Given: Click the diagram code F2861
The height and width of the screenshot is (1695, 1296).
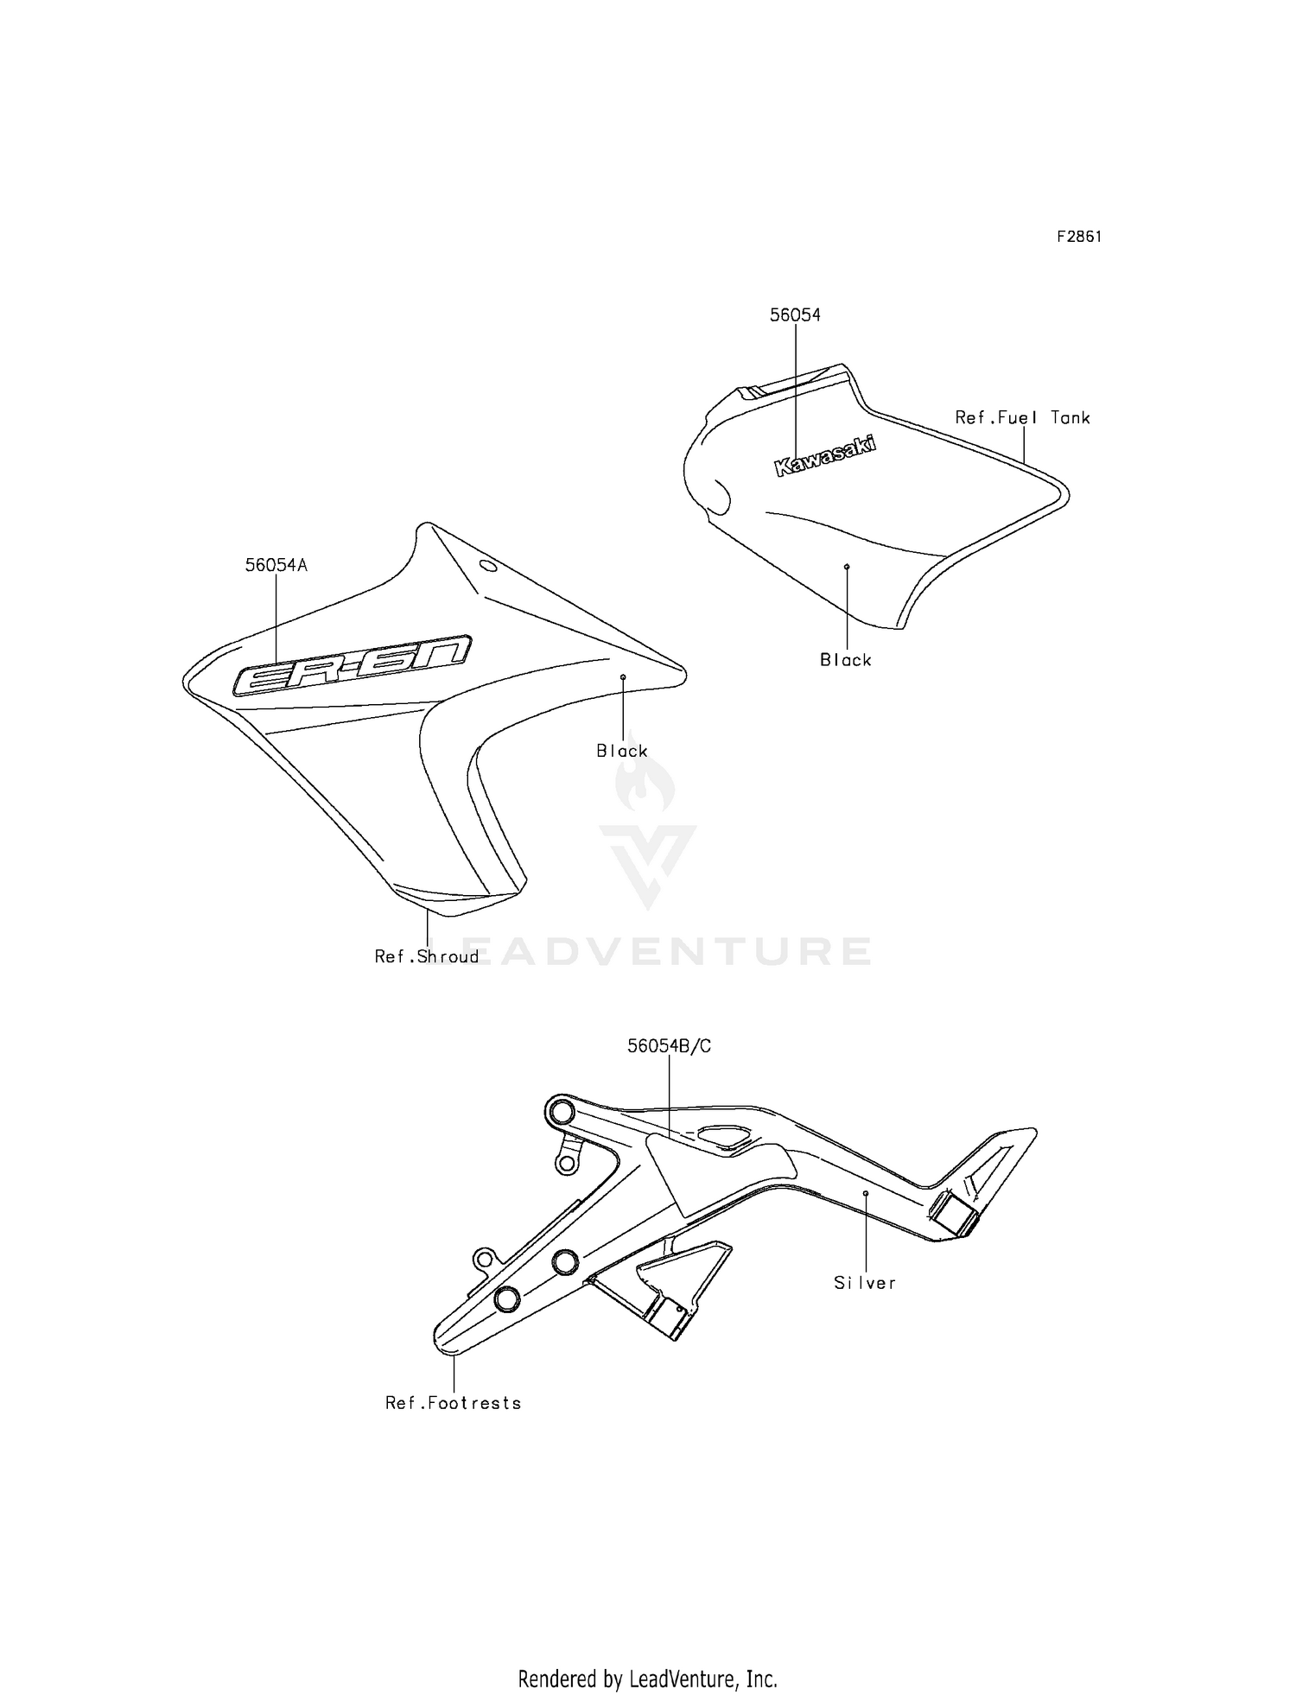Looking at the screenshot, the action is click(1079, 237).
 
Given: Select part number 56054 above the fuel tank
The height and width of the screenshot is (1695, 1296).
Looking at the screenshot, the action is click(795, 315).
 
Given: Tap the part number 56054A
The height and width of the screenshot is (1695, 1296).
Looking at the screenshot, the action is click(276, 565).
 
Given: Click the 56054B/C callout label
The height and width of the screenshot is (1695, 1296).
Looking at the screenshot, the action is click(670, 1046).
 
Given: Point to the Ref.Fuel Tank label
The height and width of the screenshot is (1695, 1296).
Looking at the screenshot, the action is click(1023, 418).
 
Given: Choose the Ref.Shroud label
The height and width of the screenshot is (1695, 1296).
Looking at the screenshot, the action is click(427, 956).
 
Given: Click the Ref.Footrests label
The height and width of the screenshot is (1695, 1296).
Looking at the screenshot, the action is click(454, 1403).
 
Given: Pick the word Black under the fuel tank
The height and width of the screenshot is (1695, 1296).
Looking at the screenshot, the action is click(846, 660).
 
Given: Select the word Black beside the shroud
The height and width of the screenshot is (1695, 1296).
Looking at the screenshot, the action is click(622, 751).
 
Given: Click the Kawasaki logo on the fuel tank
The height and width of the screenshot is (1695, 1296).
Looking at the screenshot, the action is click(825, 456).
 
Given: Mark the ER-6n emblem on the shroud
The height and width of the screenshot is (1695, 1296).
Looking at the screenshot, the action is click(353, 664).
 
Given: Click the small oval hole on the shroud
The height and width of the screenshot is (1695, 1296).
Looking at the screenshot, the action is click(488, 567).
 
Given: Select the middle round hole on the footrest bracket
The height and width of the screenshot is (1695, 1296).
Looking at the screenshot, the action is click(564, 1261).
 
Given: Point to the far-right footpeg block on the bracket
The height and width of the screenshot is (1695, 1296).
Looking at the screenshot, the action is click(955, 1214).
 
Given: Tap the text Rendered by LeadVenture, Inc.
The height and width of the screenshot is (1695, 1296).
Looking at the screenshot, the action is click(648, 1679).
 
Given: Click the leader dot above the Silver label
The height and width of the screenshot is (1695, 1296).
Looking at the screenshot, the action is click(865, 1193).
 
